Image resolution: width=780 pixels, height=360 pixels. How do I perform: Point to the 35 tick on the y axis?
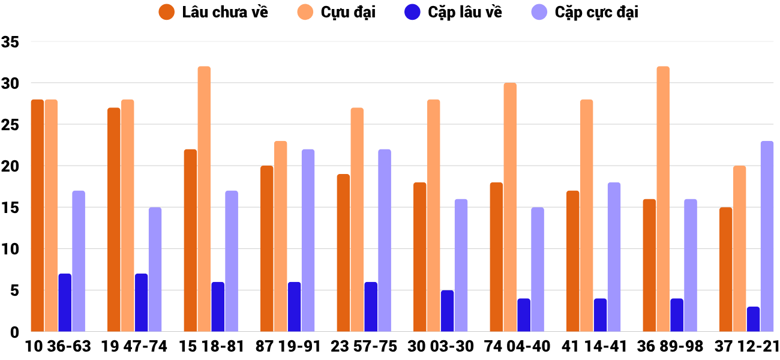click(11, 42)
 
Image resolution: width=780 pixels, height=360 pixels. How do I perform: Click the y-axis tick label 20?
click(11, 166)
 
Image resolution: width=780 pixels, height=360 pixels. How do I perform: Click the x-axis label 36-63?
click(67, 347)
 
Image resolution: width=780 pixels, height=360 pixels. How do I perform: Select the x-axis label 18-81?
click(220, 347)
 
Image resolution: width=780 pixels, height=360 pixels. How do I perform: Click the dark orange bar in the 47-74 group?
click(114, 220)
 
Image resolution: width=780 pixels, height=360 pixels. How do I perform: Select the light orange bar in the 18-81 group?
click(204, 199)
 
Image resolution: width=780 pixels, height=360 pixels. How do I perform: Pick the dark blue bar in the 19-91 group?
click(294, 307)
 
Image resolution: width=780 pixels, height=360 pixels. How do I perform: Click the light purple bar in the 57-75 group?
click(385, 240)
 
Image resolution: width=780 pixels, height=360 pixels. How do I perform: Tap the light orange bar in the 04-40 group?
click(510, 207)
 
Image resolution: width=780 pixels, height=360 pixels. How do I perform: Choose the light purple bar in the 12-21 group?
click(767, 236)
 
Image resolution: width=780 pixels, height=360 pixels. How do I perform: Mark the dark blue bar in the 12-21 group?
click(753, 319)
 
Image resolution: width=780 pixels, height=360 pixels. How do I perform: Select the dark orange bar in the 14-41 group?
click(573, 261)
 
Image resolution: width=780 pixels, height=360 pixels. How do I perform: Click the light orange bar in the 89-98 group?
click(663, 199)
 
